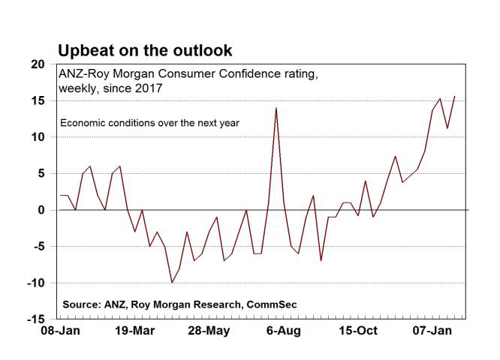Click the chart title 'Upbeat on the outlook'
click(145, 50)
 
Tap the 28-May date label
click(209, 331)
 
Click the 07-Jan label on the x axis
click(433, 331)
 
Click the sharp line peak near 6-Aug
click(276, 108)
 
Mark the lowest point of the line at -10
click(172, 283)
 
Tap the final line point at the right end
click(454, 96)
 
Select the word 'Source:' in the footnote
click(82, 306)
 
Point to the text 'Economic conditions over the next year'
click(149, 122)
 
